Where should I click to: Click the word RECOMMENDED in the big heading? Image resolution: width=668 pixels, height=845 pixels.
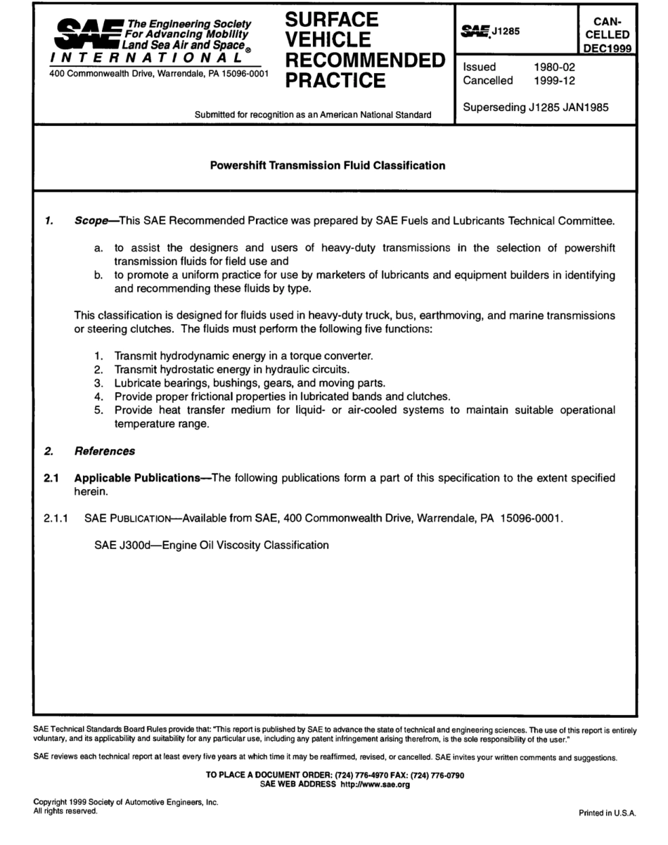coord(364,58)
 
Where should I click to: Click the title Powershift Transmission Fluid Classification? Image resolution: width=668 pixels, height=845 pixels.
coord(328,166)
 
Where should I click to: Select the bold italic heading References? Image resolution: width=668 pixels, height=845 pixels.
coord(104,451)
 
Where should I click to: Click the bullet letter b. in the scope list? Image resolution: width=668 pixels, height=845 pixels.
coord(100,275)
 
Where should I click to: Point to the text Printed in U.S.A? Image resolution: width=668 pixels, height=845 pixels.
coord(607,812)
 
